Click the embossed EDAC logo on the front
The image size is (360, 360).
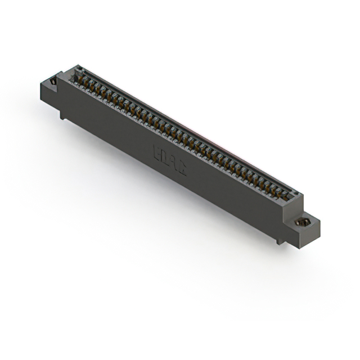click(169, 160)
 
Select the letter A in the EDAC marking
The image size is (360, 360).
click(173, 163)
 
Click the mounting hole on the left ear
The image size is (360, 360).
click(53, 82)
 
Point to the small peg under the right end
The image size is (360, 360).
click(278, 241)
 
